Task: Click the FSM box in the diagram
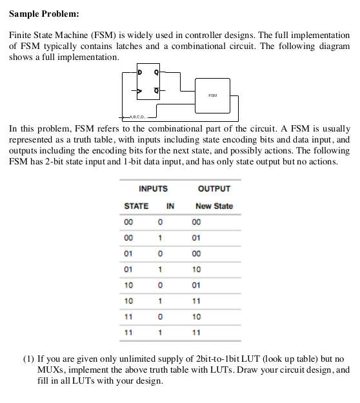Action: pyautogui.click(x=212, y=95)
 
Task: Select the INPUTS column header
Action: pyautogui.click(x=153, y=189)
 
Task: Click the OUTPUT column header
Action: pyautogui.click(x=214, y=189)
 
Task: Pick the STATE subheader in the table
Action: pyautogui.click(x=135, y=206)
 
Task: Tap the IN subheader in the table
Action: pyautogui.click(x=170, y=206)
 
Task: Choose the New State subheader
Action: pyautogui.click(x=214, y=206)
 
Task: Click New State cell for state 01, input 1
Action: pyautogui.click(x=196, y=269)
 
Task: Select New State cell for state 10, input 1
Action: pyautogui.click(x=196, y=300)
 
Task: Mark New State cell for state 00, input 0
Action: pyautogui.click(x=196, y=222)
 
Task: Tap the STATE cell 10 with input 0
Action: pyautogui.click(x=128, y=285)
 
